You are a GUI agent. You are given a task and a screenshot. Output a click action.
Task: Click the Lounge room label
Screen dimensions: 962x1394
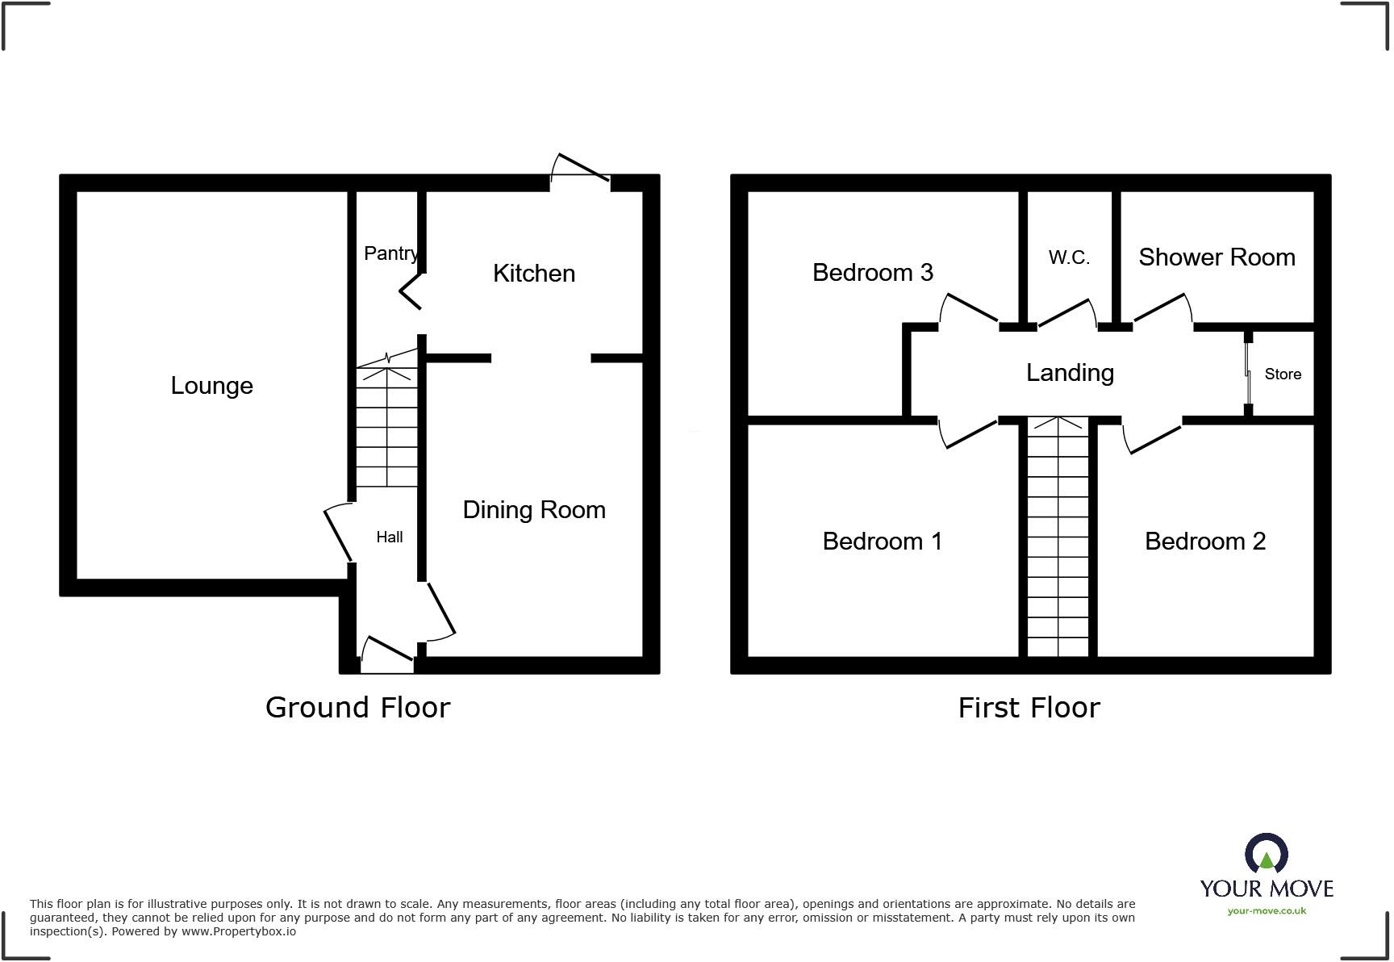point(211,386)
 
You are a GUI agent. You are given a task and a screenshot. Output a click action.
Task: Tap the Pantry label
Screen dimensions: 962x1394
point(390,253)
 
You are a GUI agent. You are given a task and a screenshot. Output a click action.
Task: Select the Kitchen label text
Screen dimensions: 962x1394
point(534,274)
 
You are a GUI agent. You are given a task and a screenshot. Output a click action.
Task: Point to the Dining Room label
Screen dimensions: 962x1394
point(534,510)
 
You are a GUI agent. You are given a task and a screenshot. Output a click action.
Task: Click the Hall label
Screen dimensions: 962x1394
point(390,537)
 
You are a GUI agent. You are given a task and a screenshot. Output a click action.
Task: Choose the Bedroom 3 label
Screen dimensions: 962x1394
point(872,273)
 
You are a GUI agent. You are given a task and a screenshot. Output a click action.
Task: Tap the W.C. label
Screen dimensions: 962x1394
point(1069,257)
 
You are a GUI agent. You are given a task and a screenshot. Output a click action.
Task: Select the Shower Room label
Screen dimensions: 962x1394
point(1217,257)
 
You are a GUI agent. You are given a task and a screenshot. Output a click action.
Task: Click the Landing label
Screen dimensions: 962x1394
point(1070,373)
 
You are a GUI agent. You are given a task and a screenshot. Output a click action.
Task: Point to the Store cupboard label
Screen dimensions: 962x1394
point(1283,374)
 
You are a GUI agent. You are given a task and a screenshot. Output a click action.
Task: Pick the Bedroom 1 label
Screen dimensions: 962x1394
point(882,542)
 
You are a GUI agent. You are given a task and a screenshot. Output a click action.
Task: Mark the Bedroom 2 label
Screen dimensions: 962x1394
point(1205,542)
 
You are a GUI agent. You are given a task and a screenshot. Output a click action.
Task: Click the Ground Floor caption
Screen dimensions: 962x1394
point(357,708)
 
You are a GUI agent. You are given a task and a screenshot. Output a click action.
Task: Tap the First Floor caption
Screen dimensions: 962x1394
point(1029,708)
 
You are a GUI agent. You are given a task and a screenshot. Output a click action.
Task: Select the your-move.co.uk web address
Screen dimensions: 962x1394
point(1267,911)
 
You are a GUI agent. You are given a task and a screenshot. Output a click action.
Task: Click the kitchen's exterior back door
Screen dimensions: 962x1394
point(580,169)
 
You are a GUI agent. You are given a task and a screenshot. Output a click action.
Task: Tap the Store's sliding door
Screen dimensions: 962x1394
point(1247,374)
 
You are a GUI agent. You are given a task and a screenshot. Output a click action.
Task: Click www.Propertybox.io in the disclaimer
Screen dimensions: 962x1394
point(238,931)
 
